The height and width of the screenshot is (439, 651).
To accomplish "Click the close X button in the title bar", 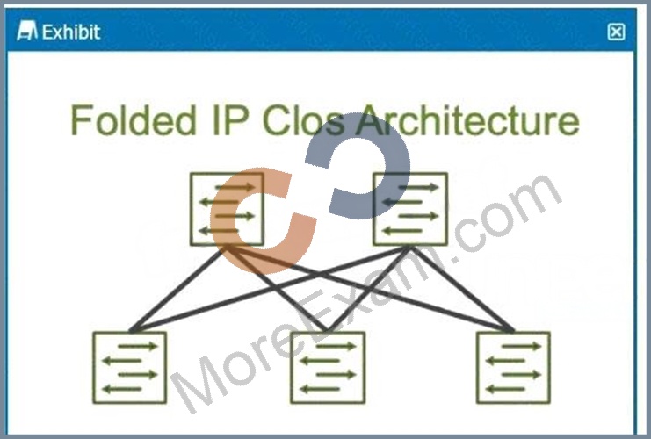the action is coord(616,32).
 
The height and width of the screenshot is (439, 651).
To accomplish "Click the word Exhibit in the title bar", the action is coord(71,32).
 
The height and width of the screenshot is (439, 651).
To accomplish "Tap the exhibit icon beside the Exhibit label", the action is coord(27,31).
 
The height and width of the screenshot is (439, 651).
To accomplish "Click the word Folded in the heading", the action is coord(134,120).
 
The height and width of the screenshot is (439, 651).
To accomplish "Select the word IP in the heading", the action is coord(231,120).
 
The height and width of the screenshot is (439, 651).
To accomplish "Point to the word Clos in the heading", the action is coord(303,120).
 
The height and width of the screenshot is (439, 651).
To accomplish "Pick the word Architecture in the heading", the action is coord(468,120).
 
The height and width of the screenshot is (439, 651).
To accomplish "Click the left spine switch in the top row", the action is coord(227,209).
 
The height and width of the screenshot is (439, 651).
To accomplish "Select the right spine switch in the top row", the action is coord(410,209).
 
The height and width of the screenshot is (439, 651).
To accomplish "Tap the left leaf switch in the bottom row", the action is coord(129,367).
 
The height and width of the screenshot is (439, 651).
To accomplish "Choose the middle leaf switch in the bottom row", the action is coord(328,367).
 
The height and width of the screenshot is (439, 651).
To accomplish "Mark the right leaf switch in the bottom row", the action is coord(514,367).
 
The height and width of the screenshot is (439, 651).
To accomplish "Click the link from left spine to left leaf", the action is coord(178,289).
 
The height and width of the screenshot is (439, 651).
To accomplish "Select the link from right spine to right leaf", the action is coord(462,289).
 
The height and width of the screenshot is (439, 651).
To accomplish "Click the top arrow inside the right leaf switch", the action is coord(522,346).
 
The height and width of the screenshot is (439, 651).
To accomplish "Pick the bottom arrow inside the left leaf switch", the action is coord(122,389).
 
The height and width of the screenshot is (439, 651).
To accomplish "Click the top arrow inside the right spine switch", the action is coord(418,188).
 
